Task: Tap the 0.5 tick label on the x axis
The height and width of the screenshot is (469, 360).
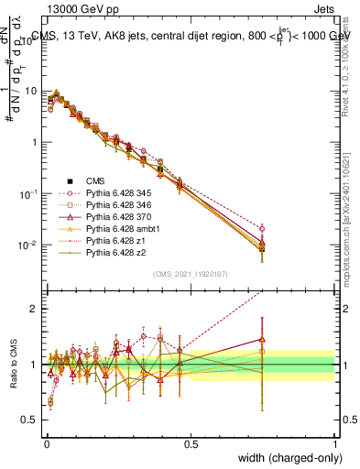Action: tap(191, 444)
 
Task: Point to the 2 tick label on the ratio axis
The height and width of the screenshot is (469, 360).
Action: tap(33, 309)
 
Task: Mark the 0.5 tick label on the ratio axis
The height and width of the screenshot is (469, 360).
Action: tap(29, 420)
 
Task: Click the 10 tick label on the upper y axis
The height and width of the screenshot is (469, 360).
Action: tap(29, 92)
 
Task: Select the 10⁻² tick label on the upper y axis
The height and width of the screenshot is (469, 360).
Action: tap(27, 245)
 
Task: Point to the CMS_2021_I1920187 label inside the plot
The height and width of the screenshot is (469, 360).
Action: tap(191, 274)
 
